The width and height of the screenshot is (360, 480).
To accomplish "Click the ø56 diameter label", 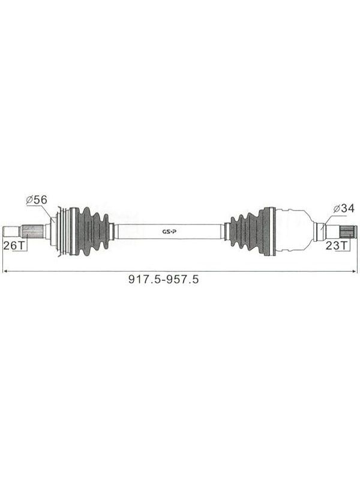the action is pos(37,200).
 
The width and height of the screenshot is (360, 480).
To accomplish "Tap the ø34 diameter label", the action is pos(343,208).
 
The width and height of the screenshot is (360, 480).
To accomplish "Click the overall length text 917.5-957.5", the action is pos(163,279).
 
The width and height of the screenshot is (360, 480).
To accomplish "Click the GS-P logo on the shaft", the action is pos(169,232).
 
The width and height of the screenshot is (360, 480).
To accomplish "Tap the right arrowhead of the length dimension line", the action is pos(355,271).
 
